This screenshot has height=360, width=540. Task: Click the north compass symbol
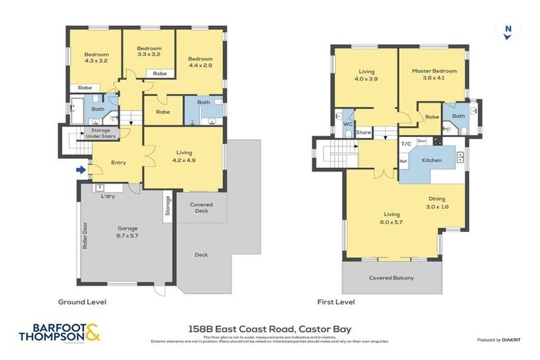507,30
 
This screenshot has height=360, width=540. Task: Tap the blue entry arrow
82,169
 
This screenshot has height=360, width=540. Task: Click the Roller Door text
84,237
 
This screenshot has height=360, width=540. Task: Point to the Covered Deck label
200,208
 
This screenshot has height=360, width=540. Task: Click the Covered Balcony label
391,278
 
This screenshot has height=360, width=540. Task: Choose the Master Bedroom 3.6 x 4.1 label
434,75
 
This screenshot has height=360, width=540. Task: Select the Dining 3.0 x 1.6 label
436,203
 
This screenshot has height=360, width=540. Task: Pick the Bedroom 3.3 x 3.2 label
148,51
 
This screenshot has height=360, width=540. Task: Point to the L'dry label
108,196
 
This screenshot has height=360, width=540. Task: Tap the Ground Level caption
82,302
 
